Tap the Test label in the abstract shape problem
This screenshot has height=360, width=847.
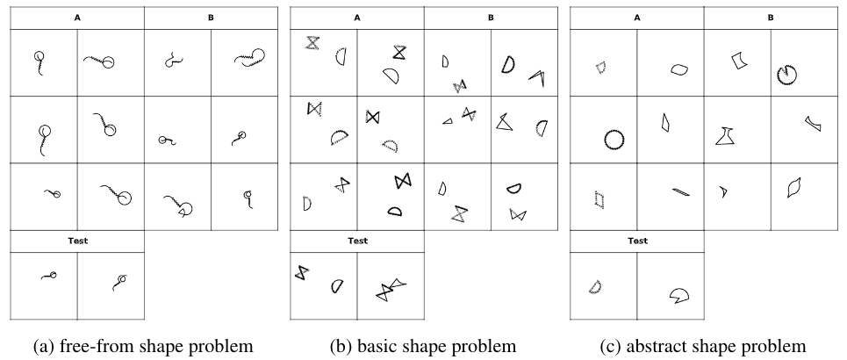point(637,240)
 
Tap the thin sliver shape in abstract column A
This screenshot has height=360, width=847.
point(680,190)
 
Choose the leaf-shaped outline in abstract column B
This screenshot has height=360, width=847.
point(795,187)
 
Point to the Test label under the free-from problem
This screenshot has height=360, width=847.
point(77,240)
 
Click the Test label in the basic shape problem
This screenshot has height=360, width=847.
point(357,240)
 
